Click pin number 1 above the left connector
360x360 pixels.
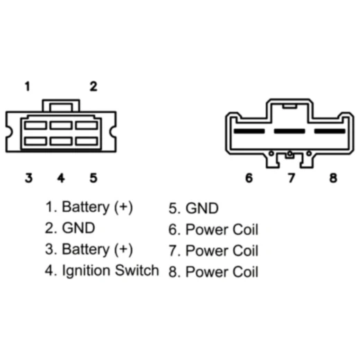point(28,87)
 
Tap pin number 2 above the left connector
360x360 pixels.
point(93,87)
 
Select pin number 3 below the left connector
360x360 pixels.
point(28,178)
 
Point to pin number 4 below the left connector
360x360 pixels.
point(61,178)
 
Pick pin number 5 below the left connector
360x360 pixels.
point(93,178)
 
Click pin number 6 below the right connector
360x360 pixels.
point(249,178)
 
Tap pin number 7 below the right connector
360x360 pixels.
point(291,178)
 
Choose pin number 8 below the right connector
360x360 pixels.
point(333,178)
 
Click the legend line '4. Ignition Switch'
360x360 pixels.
point(102,271)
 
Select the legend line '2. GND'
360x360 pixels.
point(70,228)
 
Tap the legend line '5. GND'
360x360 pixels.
point(193,208)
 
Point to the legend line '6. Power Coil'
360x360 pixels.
point(213,229)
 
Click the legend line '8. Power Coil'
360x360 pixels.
point(213,271)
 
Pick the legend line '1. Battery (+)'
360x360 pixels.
point(89,207)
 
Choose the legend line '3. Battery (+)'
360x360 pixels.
point(89,250)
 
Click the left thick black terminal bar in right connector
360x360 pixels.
point(249,131)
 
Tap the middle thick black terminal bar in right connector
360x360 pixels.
point(289,131)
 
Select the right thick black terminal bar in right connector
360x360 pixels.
point(330,131)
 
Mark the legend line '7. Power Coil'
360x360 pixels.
point(213,251)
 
